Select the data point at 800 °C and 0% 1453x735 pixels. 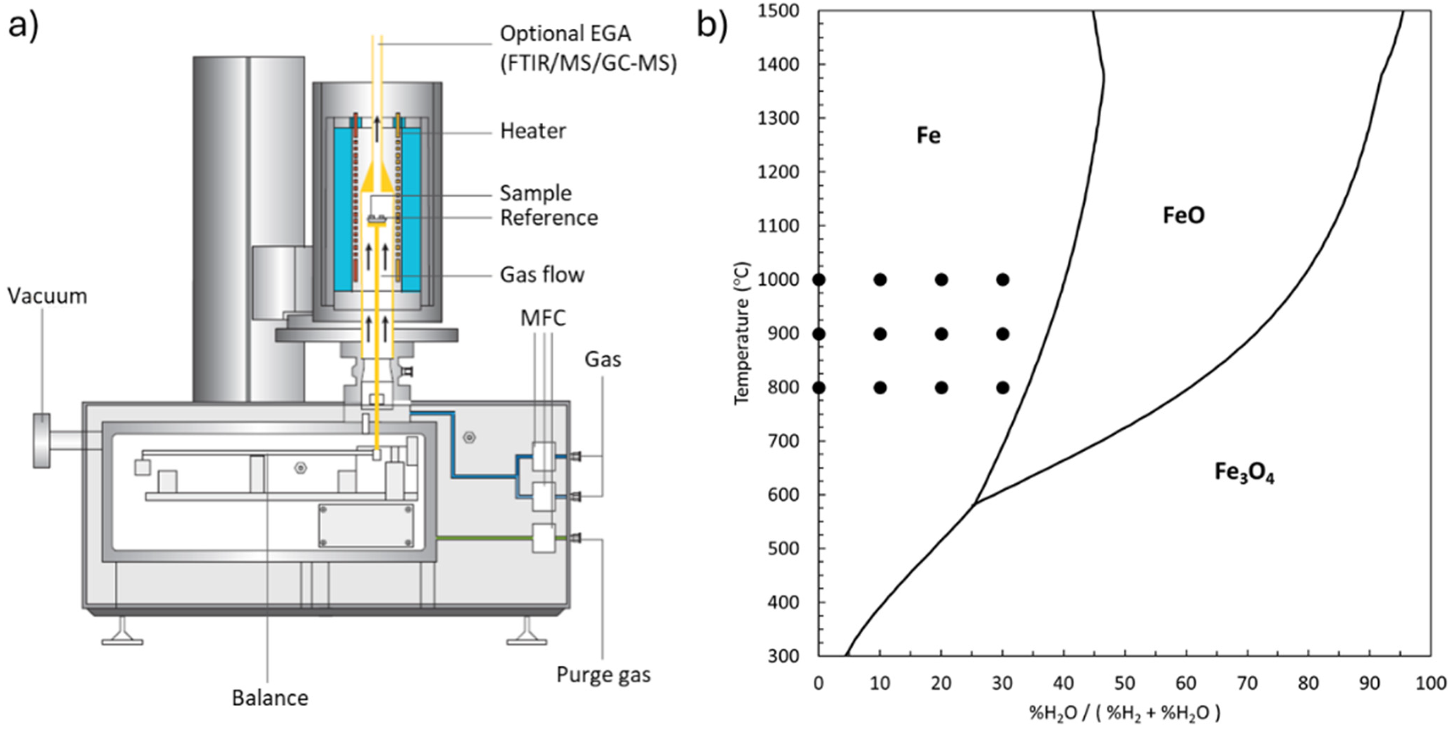[x=819, y=387]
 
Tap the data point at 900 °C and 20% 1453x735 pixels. [x=941, y=334]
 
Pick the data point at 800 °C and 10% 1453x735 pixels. [x=880, y=387]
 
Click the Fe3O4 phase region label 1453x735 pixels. [x=1244, y=473]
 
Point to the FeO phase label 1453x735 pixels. [x=1183, y=215]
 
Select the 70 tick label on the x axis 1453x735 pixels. [x=1247, y=683]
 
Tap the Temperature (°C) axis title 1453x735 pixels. [x=742, y=333]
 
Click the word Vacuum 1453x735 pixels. [x=48, y=296]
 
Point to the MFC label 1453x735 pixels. [x=543, y=318]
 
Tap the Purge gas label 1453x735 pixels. [x=603, y=675]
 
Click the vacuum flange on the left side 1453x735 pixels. [x=41, y=440]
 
